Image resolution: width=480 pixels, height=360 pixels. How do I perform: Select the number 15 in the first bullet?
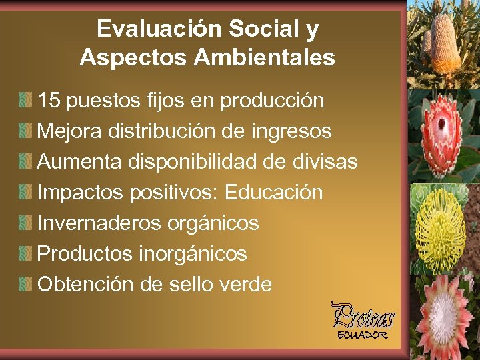tap(49, 101)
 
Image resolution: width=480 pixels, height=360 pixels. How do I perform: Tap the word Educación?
tap(274, 193)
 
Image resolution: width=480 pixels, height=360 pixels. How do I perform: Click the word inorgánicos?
tap(193, 254)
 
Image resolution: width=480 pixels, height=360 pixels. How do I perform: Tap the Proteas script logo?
tap(363, 315)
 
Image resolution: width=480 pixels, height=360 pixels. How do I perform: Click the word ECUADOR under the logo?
tap(362, 335)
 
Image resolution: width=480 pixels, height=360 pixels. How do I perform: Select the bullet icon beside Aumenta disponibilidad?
tap(25, 162)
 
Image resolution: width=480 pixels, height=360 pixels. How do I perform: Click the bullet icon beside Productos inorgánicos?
tap(25, 254)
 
